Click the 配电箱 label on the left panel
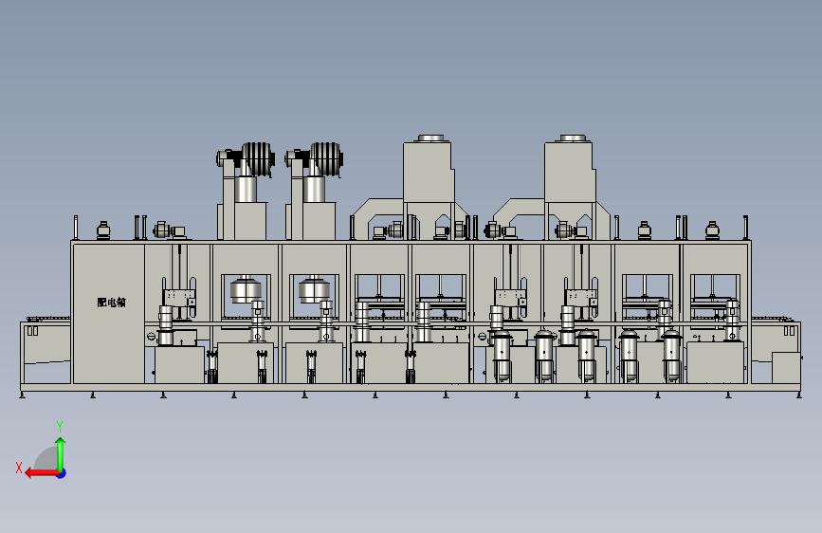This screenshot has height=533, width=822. point(112,303)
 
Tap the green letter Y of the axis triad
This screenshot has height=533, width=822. point(60,426)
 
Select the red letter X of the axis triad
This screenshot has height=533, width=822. point(19,468)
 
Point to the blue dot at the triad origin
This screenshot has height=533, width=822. point(62,473)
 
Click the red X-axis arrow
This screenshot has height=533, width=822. point(42,473)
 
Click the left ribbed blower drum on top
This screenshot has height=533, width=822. point(259,158)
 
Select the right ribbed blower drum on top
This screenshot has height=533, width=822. point(326,158)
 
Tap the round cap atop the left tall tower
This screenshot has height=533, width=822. point(431,138)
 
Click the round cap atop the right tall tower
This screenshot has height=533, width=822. point(573,138)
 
